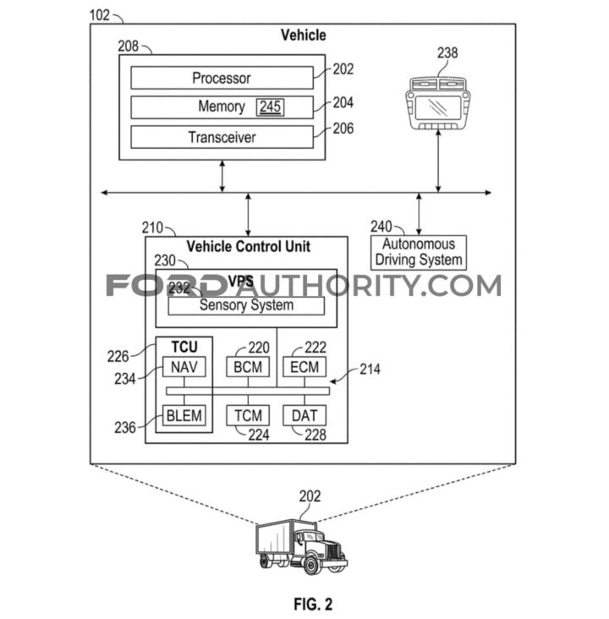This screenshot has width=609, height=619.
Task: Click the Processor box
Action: point(222,79)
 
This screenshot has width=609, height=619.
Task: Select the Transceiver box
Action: point(222,137)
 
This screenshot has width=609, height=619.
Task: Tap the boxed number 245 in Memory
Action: point(270,107)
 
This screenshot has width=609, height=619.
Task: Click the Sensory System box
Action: point(246,305)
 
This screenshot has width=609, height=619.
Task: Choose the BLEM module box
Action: point(184,415)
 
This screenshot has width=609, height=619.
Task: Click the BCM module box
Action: point(247,368)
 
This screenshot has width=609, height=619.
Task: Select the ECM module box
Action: point(304,368)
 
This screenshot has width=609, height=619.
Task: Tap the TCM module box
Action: point(247,415)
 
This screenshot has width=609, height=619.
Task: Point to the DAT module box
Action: point(304,415)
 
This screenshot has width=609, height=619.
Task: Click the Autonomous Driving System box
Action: point(419,253)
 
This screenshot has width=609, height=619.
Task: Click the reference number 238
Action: point(447,53)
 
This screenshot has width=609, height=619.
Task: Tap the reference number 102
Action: point(101,14)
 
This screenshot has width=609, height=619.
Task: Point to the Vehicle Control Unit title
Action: point(248,247)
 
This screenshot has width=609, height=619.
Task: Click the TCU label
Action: point(184,348)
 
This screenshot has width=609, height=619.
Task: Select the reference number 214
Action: point(369,370)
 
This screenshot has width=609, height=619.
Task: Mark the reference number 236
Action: point(126,428)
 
